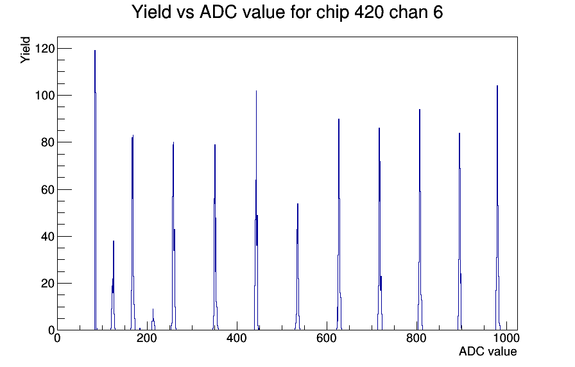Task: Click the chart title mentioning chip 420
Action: tap(287, 12)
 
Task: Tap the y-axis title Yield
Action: tap(25, 50)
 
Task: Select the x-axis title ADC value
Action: tap(488, 351)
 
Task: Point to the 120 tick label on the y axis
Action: tap(44, 48)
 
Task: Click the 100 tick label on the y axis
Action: tap(44, 96)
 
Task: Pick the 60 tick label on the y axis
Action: tap(47, 189)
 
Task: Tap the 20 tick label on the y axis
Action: tap(47, 284)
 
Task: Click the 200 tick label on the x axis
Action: tap(147, 337)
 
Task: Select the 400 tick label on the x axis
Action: tap(237, 337)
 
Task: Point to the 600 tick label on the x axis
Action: tap(327, 337)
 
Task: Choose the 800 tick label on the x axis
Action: tap(416, 337)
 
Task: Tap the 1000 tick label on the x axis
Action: tap(506, 337)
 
